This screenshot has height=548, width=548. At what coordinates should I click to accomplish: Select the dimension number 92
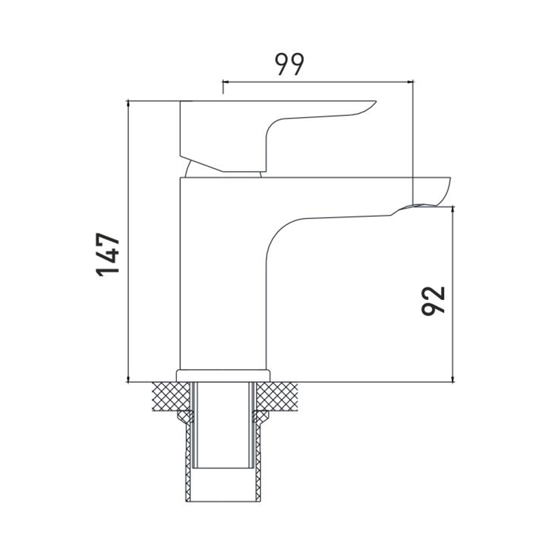tap(433, 301)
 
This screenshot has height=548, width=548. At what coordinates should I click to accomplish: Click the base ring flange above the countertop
tap(223, 375)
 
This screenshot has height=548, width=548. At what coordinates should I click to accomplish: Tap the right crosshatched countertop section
tap(277, 396)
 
